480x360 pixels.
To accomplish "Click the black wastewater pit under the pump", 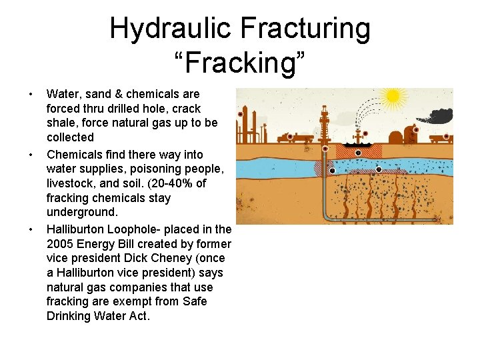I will (x=358, y=145).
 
